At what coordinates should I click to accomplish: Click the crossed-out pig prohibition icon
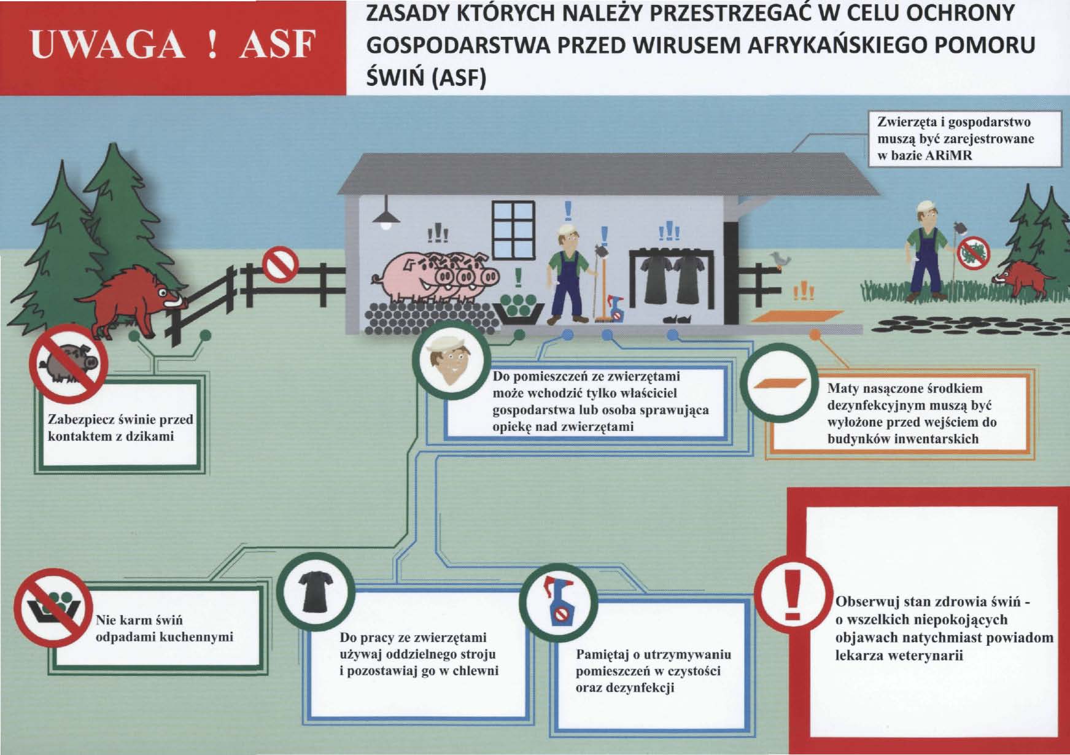coord(68,360)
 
